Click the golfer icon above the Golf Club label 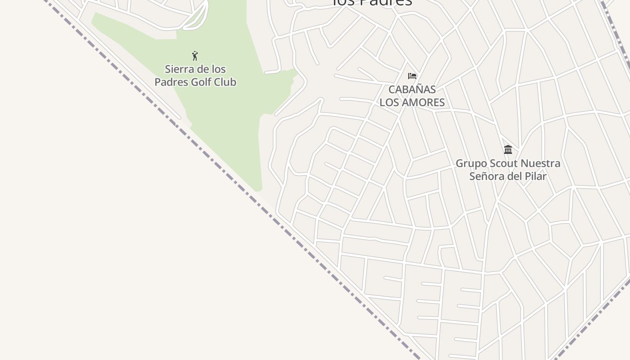tap(195, 56)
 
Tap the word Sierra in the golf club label tap(177, 69)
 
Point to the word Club tap(226, 82)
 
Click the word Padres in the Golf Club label tap(170, 82)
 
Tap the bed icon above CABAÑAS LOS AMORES tap(412, 76)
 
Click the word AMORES tap(423, 103)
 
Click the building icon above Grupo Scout tap(508, 149)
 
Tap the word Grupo tap(470, 163)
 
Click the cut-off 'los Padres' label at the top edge tap(372, 3)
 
